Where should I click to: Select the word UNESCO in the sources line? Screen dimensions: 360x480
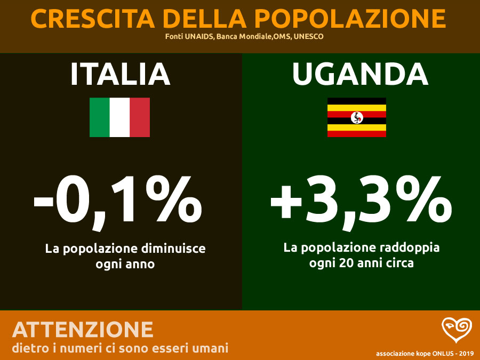coord(308,37)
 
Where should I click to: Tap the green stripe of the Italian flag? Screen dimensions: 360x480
coord(100,117)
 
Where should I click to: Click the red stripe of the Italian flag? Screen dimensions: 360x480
coord(140,117)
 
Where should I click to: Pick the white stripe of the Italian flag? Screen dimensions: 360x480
coord(119,117)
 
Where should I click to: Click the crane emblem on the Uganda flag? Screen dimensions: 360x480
coord(356,117)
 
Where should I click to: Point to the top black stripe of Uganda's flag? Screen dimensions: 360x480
coord(356,101)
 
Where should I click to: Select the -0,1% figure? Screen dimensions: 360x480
coord(118,201)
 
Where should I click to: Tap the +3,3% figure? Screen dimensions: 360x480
coord(361,201)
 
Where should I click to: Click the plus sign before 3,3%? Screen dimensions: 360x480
coord(290,204)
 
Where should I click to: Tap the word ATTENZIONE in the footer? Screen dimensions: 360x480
coord(83,330)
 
